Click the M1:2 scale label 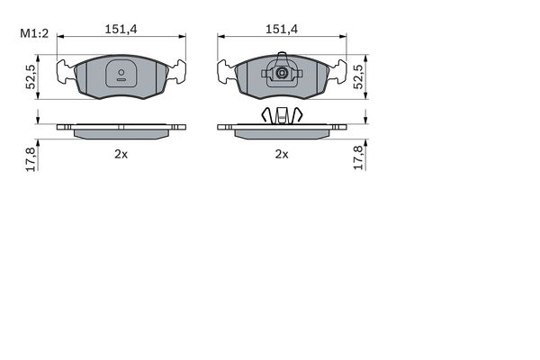pos(34,34)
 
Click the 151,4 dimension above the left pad pos(121,30)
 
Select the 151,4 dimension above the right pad pos(282,30)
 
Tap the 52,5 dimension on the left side pos(31,77)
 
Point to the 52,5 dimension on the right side pos(358,77)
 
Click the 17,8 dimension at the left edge pos(31,158)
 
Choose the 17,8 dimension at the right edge pos(358,157)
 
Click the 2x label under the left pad pos(121,154)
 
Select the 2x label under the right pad pos(282,154)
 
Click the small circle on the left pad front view pos(121,72)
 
